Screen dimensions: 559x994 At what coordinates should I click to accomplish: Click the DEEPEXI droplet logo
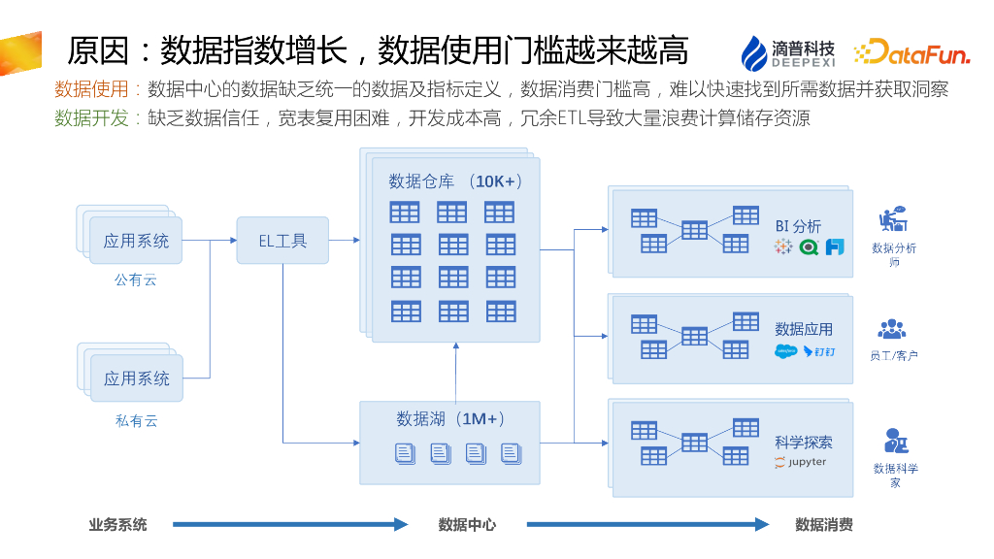(754, 53)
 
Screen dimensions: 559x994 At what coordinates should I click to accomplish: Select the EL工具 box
(282, 241)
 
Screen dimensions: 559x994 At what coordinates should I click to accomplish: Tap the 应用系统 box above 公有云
(136, 241)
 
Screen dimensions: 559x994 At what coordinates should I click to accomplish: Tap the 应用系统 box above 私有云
(136, 378)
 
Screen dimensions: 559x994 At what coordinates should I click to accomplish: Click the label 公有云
(136, 280)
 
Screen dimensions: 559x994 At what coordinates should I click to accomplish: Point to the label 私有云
(136, 420)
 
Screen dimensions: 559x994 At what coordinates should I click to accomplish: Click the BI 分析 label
(798, 225)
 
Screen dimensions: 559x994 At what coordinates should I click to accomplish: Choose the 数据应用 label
(804, 329)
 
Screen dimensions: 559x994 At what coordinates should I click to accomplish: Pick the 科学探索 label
(804, 442)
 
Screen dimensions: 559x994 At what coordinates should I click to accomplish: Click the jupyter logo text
(801, 462)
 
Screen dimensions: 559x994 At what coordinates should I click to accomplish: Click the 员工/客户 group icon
(892, 329)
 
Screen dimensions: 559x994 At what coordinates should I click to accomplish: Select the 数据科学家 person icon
(894, 442)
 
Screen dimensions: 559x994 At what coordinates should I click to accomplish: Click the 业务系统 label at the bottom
(117, 524)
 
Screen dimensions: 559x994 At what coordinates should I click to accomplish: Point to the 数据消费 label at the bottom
(824, 524)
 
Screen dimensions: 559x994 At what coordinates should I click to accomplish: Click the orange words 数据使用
(91, 90)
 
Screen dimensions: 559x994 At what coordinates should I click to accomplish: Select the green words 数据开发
(91, 118)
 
